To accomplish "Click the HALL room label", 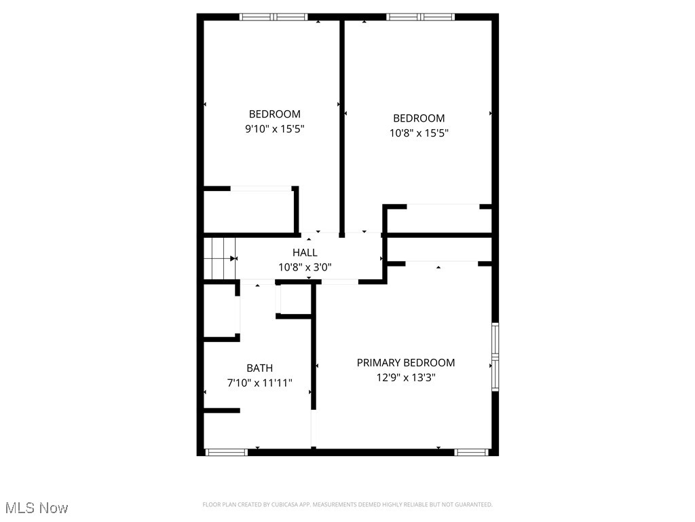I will pyautogui.click(x=305, y=253).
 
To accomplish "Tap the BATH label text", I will pyautogui.click(x=259, y=368).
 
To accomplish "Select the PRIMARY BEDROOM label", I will pyautogui.click(x=406, y=363).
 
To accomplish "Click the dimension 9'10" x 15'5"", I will pyautogui.click(x=274, y=128).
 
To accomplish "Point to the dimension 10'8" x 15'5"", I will pyautogui.click(x=419, y=133).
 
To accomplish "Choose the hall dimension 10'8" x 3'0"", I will pyautogui.click(x=305, y=267).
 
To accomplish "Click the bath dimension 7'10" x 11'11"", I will pyautogui.click(x=259, y=383).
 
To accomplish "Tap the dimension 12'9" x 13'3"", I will pyautogui.click(x=406, y=378).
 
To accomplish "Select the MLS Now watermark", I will pyautogui.click(x=37, y=508).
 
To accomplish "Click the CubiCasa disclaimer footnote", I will pyautogui.click(x=347, y=504).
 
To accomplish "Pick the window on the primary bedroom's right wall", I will pyautogui.click(x=495, y=356).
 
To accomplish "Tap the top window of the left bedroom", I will pyautogui.click(x=274, y=17).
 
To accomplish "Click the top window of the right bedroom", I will pyautogui.click(x=420, y=17).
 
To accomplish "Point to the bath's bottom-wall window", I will pyautogui.click(x=226, y=452).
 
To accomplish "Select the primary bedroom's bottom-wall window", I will pyautogui.click(x=472, y=452).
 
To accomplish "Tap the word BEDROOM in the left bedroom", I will pyautogui.click(x=274, y=114).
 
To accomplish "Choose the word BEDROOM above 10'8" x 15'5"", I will pyautogui.click(x=419, y=118).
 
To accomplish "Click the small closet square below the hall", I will pyautogui.click(x=294, y=299).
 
